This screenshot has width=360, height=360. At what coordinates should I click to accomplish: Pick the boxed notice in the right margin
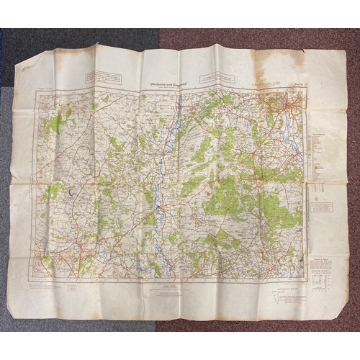321,207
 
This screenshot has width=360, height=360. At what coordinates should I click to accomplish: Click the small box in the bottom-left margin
73,287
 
